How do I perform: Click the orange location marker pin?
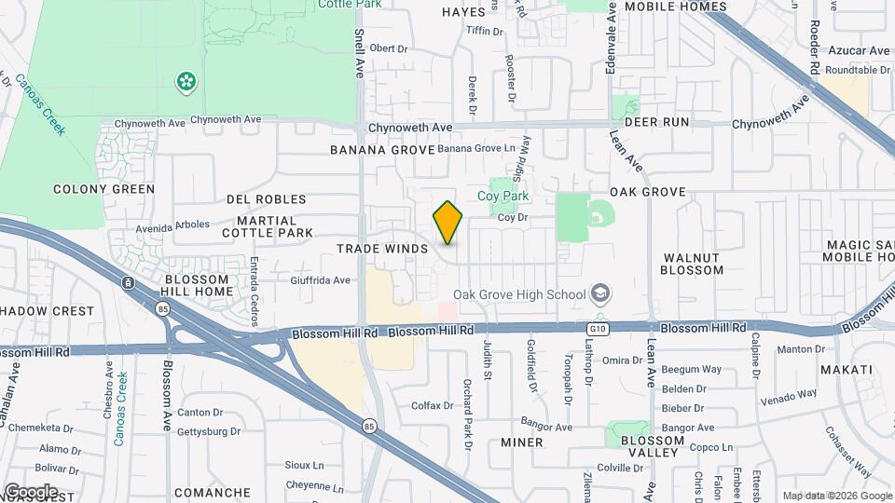click(447, 223)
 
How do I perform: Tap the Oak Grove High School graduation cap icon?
click(601, 295)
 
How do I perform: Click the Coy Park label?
click(503, 196)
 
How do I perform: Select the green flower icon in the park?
click(187, 82)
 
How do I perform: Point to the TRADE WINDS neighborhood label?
click(382, 249)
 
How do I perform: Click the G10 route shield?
click(597, 329)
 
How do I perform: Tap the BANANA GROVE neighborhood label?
click(382, 150)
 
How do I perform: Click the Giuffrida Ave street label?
click(320, 279)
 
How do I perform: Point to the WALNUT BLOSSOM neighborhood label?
click(692, 264)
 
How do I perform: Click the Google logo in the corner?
click(31, 491)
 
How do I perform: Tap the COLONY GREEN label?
click(103, 189)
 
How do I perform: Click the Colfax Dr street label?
click(433, 405)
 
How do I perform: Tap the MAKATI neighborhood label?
click(847, 370)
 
